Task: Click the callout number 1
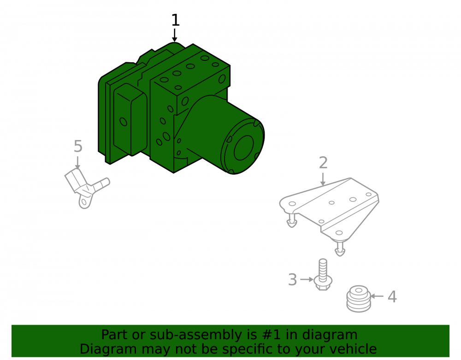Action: (176, 20)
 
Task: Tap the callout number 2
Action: (323, 163)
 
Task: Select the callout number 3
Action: (293, 279)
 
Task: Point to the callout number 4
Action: (392, 296)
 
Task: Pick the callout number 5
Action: (78, 146)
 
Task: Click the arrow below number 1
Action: (175, 35)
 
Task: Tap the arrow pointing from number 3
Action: (307, 279)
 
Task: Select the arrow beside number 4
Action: (377, 296)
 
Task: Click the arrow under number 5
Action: (77, 163)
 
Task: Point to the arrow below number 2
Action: (323, 179)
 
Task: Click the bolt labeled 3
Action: (323, 274)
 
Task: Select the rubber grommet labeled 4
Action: (358, 298)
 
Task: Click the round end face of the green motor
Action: (243, 147)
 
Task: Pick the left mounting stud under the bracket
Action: (292, 220)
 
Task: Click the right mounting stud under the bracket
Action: (340, 248)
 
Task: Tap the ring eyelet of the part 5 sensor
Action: (85, 202)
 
